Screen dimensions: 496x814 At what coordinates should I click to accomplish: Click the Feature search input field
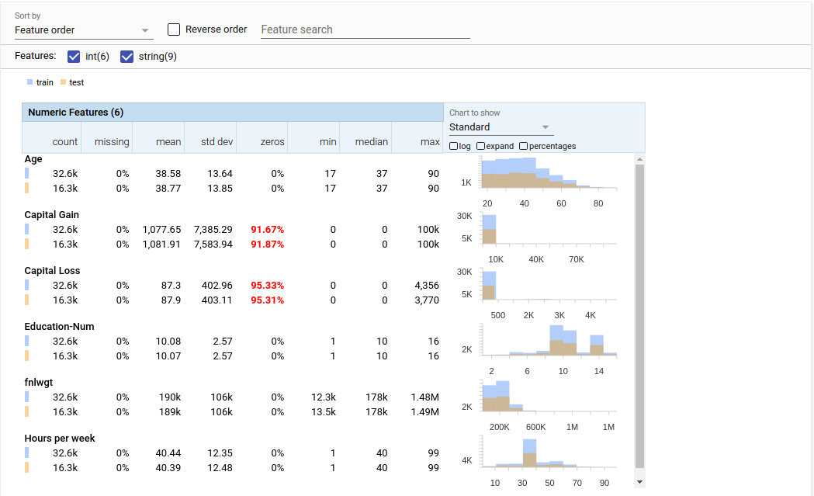[x=365, y=29]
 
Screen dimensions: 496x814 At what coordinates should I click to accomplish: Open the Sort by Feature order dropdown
[x=83, y=30]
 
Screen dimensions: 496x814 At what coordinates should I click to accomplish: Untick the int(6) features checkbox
[x=74, y=57]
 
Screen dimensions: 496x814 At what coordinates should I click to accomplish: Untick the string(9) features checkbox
[x=127, y=57]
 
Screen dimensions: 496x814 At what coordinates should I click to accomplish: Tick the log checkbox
[x=454, y=146]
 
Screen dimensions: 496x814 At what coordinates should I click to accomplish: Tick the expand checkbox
[x=481, y=146]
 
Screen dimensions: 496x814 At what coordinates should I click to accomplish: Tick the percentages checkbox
[x=524, y=146]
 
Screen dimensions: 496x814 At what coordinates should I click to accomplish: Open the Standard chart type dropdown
[x=501, y=127]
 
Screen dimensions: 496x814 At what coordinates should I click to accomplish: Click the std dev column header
[x=216, y=142]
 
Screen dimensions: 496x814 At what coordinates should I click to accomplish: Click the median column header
[x=371, y=142]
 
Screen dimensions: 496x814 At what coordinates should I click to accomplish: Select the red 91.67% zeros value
[x=267, y=230]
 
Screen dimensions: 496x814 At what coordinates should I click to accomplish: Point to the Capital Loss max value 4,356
[x=427, y=286]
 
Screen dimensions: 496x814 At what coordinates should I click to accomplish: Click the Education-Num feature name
[x=59, y=327]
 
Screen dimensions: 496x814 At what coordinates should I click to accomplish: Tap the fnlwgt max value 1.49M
[x=425, y=411]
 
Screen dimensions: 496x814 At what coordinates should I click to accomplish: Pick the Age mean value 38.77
[x=168, y=188]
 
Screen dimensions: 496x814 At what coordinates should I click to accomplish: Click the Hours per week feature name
[x=60, y=439]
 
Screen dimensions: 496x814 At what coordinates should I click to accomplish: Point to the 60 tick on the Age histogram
[x=561, y=203]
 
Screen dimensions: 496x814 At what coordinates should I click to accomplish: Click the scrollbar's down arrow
[x=639, y=482]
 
